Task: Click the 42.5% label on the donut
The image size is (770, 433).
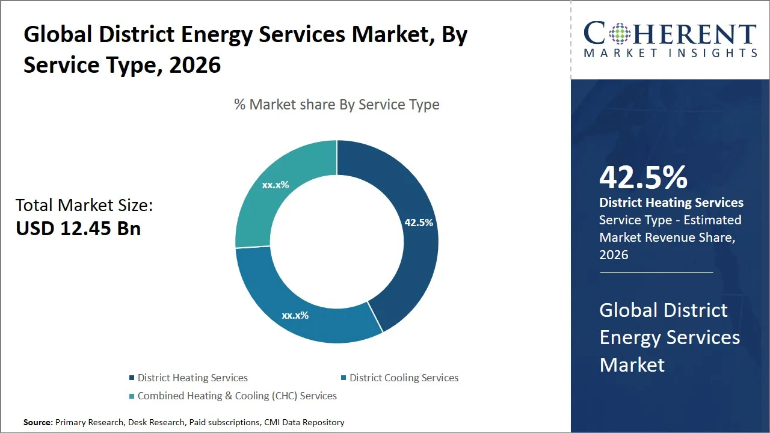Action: click(x=419, y=223)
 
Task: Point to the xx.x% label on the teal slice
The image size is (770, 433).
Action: click(x=276, y=185)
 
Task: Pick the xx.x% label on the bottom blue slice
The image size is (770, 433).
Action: click(x=295, y=315)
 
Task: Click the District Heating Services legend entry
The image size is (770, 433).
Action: click(x=192, y=378)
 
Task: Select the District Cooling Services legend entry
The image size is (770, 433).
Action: click(x=404, y=378)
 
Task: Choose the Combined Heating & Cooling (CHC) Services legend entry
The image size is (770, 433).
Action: click(x=236, y=396)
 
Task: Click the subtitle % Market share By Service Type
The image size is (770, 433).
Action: click(x=337, y=105)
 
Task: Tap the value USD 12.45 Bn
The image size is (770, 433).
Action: click(x=78, y=229)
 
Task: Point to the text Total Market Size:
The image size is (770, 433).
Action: click(x=84, y=206)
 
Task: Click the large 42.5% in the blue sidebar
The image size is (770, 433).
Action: click(x=643, y=177)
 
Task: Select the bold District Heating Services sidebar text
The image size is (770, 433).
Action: click(x=671, y=203)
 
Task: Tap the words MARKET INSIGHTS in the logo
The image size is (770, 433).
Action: click(x=670, y=53)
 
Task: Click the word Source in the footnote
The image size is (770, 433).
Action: click(x=37, y=422)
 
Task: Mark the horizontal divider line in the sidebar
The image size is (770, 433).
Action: click(x=656, y=272)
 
